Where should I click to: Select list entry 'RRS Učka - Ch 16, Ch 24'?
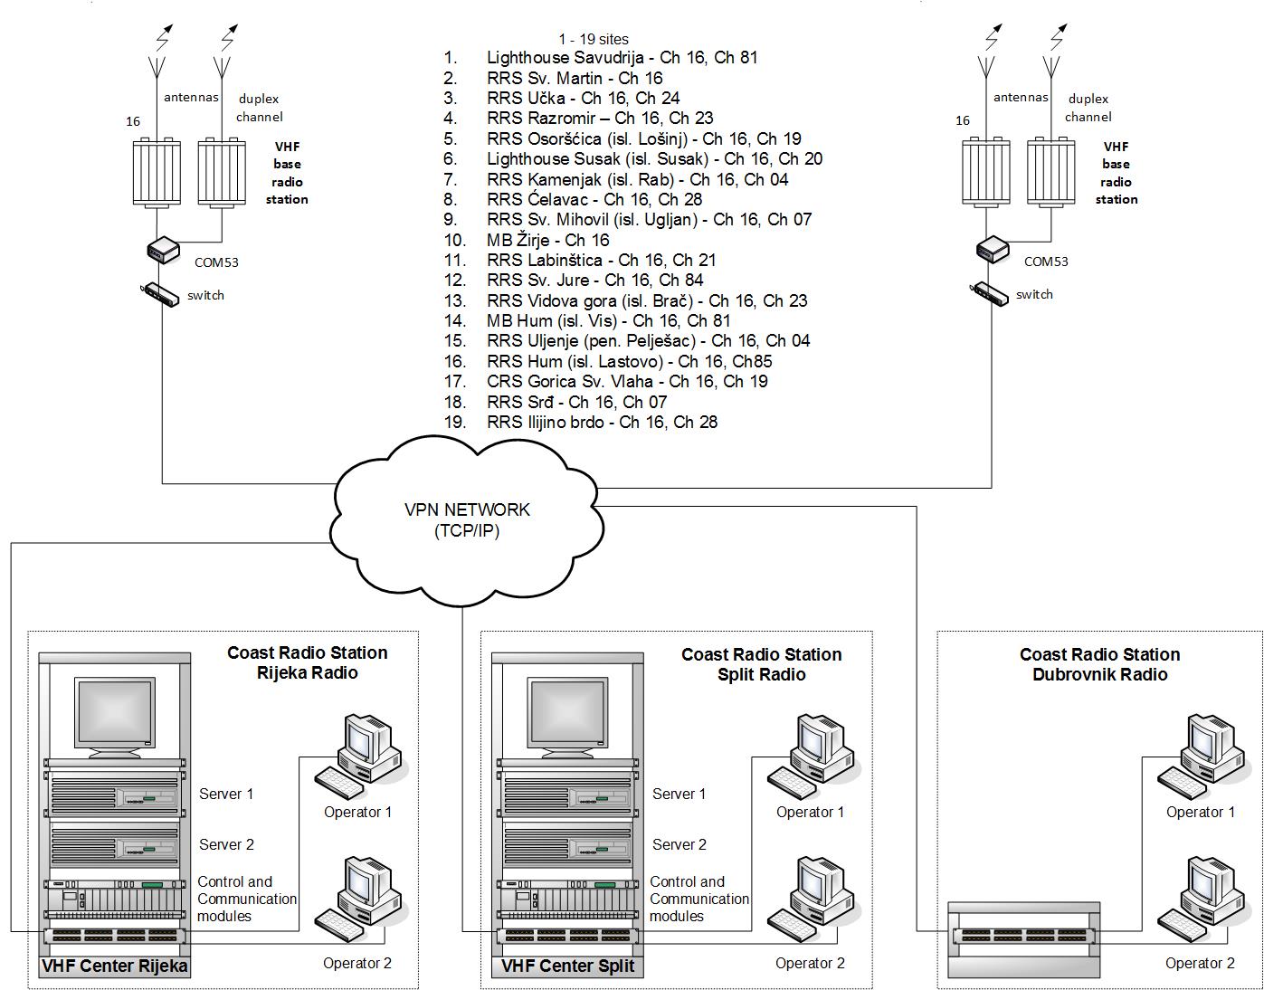tap(583, 98)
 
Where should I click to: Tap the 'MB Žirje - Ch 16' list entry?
tap(547, 240)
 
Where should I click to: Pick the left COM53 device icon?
tap(162, 249)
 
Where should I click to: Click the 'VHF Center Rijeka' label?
tap(115, 966)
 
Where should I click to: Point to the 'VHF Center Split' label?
tap(567, 966)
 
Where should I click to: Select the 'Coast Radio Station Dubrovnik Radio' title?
tap(1099, 664)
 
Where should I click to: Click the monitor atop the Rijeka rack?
tap(114, 715)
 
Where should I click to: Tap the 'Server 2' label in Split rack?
tap(680, 844)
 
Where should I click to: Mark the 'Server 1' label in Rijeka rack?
tap(226, 794)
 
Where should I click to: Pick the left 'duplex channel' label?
tap(259, 108)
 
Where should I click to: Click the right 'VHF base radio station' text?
tap(1117, 173)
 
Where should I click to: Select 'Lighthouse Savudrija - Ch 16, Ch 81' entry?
tap(622, 58)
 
